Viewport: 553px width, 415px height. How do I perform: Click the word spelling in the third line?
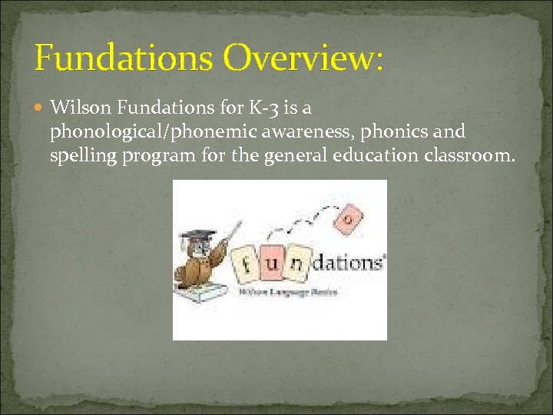[80, 158]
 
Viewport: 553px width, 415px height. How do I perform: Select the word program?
[158, 158]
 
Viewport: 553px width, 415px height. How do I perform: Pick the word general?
[296, 158]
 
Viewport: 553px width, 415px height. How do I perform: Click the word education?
[376, 158]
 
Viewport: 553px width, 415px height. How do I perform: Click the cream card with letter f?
[245, 268]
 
